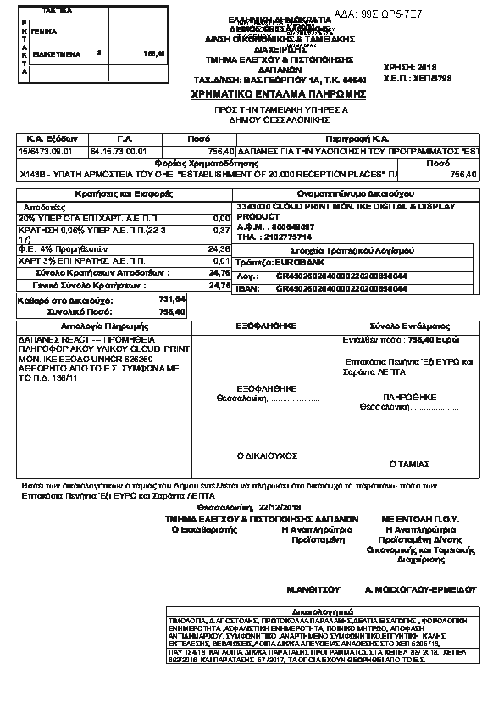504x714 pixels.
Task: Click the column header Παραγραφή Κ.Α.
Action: (x=357, y=137)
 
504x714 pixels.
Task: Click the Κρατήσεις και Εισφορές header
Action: (x=124, y=194)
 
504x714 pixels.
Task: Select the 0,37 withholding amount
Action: (x=222, y=231)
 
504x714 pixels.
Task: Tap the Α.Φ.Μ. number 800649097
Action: (x=288, y=226)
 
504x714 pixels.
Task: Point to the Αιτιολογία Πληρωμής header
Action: (x=103, y=326)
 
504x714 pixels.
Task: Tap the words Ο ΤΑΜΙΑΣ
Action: (x=404, y=464)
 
